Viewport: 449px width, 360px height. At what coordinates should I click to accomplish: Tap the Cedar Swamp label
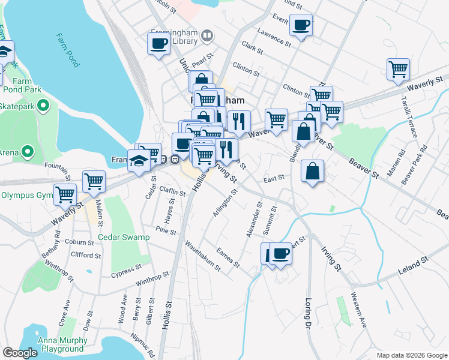124,237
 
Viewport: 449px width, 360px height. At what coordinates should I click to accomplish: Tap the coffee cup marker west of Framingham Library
159,44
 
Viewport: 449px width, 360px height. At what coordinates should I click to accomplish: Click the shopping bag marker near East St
313,172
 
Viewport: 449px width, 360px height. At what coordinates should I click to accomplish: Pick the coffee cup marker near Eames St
280,254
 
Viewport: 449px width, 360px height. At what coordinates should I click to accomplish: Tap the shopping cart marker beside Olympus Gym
65,194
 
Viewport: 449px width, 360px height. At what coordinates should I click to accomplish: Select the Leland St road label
413,265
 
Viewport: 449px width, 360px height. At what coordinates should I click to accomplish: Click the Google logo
20,353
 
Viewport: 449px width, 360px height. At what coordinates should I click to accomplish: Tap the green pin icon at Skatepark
43,107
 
